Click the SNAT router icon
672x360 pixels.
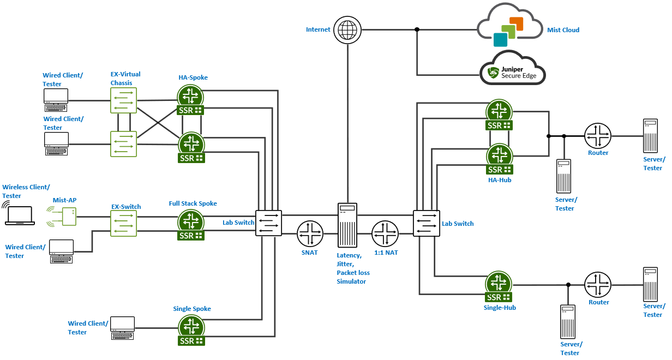(310, 235)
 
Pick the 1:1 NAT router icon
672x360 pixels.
(385, 235)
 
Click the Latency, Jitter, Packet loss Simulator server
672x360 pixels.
(347, 224)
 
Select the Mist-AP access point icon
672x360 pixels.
(69, 217)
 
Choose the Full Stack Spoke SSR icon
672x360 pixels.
(191, 225)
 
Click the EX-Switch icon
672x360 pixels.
(123, 224)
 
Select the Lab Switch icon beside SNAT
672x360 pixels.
(268, 223)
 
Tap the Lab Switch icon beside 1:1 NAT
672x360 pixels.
(426, 223)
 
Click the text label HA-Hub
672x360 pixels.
(500, 179)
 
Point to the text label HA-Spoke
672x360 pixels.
(193, 77)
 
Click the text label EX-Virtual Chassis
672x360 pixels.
(125, 79)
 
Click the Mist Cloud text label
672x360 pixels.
(563, 30)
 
